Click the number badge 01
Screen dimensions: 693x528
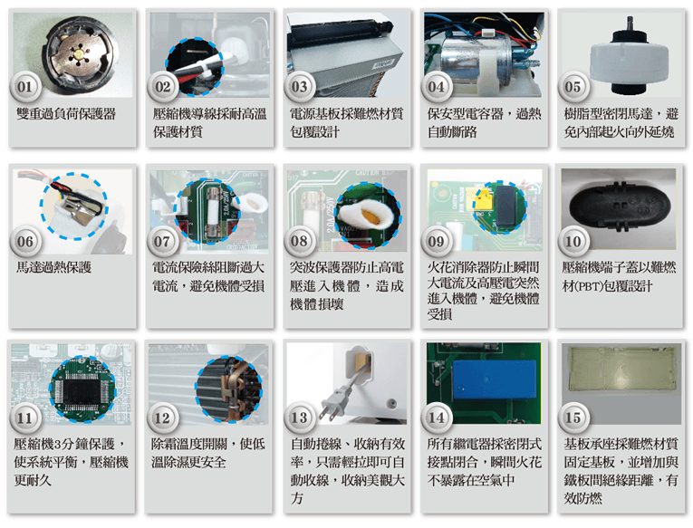click(x=25, y=87)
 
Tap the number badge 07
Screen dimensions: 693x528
click(x=162, y=241)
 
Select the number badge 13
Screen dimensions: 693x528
click(x=300, y=418)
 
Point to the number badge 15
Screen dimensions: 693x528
click(x=573, y=418)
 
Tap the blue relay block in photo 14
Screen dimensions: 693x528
click(x=495, y=379)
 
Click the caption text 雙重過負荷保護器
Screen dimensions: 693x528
click(x=66, y=114)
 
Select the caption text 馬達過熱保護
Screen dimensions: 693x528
click(x=54, y=267)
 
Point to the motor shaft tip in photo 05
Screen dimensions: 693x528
click(x=630, y=19)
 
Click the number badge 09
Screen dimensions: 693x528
click(x=437, y=241)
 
